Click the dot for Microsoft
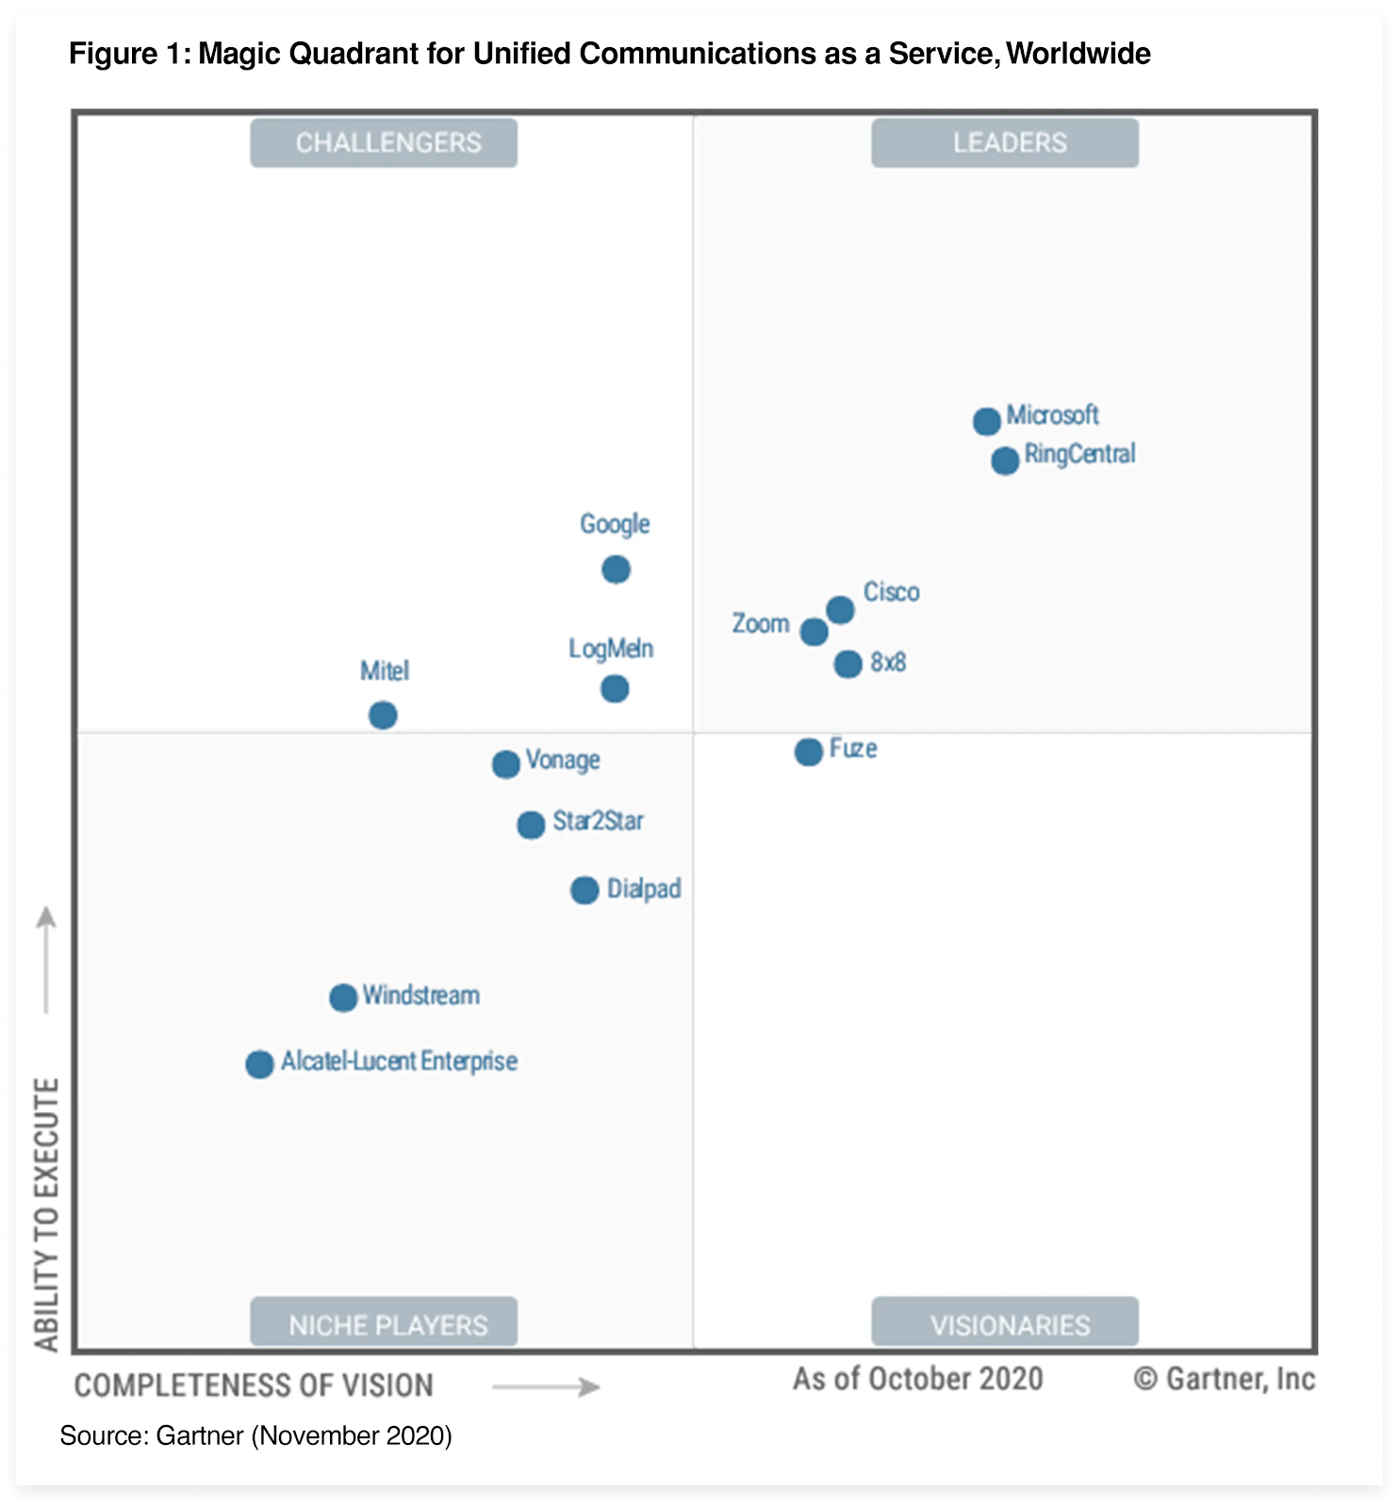(986, 421)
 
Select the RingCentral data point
(1005, 461)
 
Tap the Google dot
(616, 569)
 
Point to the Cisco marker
(840, 610)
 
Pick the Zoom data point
(814, 631)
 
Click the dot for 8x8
(848, 664)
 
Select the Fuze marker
(808, 751)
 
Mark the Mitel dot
(383, 715)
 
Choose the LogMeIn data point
(615, 689)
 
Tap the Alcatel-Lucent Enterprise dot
(259, 1064)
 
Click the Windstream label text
(421, 995)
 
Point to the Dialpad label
(644, 889)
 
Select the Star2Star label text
(598, 821)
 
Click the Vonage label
(563, 760)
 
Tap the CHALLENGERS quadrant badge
(384, 143)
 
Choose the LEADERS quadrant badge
(1005, 143)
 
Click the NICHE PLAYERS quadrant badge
(384, 1322)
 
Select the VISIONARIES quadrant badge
(1005, 1322)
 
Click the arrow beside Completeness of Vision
(546, 1386)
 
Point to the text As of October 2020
(917, 1379)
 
